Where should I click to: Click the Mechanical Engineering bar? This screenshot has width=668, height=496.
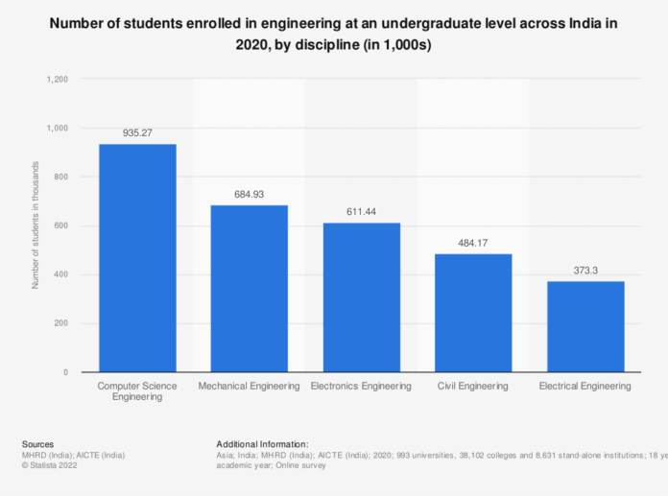click(250, 288)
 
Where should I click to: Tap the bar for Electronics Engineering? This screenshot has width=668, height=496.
click(361, 296)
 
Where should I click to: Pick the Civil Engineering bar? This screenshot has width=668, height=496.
click(472, 312)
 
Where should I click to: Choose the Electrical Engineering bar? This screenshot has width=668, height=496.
click(584, 326)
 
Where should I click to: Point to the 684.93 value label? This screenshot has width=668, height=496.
click(250, 195)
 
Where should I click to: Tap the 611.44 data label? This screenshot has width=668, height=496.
click(361, 213)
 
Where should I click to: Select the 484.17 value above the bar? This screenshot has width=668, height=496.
click(472, 244)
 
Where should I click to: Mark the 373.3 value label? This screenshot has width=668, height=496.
click(584, 271)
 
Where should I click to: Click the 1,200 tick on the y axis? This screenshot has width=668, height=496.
click(56, 80)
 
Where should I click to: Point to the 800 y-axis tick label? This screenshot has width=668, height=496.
click(60, 177)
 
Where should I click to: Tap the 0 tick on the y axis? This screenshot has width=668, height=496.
click(64, 372)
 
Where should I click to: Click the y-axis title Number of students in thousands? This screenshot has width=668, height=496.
click(36, 225)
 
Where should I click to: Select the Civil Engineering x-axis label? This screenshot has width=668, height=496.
click(472, 386)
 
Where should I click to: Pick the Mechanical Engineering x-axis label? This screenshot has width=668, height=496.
click(250, 386)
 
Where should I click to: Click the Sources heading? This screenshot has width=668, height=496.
click(36, 444)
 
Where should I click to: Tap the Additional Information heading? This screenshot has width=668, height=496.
click(262, 444)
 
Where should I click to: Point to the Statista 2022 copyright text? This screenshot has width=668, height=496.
click(54, 465)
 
